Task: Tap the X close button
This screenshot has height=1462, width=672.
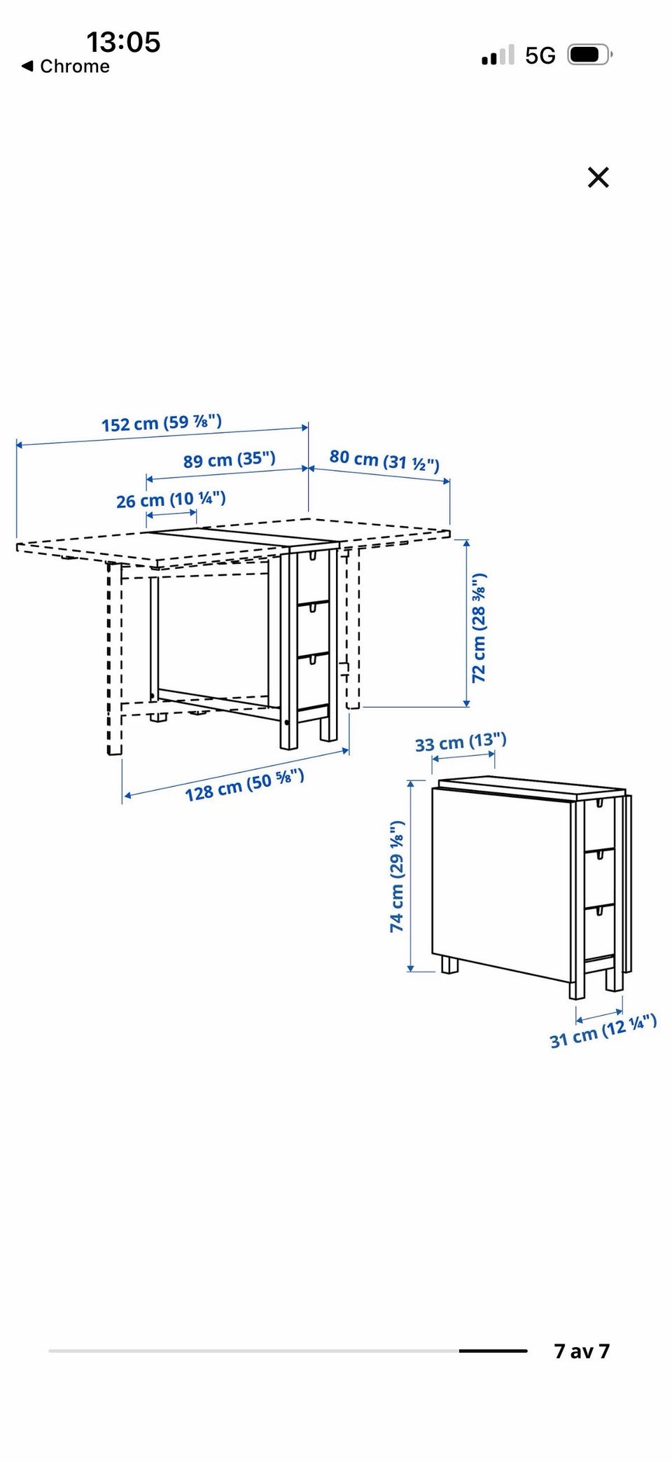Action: pos(598,177)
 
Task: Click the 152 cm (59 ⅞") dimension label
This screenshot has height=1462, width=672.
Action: pos(162,423)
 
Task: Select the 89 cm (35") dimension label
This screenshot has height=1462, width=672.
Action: pos(230,460)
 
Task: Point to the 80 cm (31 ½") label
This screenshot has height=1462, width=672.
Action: pos(384,460)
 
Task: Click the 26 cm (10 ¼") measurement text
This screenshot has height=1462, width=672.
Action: pos(171,499)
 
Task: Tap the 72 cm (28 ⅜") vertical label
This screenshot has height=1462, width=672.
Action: pos(479,628)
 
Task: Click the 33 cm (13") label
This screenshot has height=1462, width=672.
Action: pos(461,742)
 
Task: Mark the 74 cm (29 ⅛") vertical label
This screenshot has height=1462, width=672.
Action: pos(397,876)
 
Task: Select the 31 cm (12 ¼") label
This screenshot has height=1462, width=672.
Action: pos(603,1030)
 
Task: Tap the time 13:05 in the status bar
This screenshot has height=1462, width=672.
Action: pos(123,42)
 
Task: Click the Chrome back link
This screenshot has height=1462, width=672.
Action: pos(66,67)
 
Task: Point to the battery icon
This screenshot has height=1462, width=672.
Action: pos(590,55)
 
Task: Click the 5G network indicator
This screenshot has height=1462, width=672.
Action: pos(540,55)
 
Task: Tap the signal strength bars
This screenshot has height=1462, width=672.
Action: pos(498,55)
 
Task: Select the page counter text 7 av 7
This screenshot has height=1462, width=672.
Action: pos(582,1351)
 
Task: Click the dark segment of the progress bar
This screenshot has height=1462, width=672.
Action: pos(493,1351)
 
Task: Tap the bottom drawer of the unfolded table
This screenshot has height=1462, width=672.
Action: pos(313,682)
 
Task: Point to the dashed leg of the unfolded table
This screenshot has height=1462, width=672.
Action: pos(114,658)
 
